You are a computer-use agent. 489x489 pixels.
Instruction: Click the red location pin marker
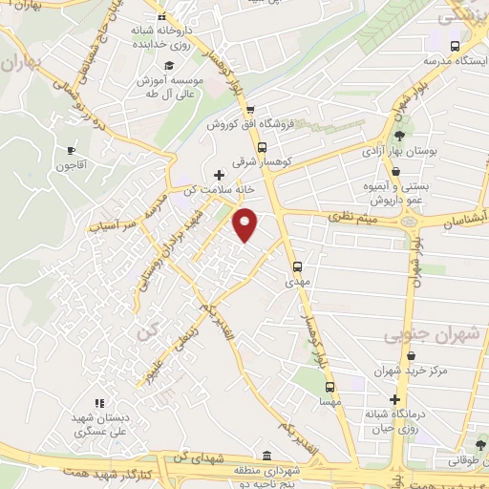click(x=245, y=224)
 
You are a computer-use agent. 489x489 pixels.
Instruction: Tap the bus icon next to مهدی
click(x=297, y=266)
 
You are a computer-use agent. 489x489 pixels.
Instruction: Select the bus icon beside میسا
click(x=330, y=387)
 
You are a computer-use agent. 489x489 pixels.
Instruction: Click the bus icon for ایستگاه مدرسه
click(x=455, y=46)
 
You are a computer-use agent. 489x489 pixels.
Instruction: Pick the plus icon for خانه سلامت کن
click(x=220, y=175)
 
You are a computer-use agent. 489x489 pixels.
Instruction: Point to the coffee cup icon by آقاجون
click(x=71, y=150)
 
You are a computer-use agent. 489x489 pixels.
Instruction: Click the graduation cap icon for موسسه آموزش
click(x=169, y=65)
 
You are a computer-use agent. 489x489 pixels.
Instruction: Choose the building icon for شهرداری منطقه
click(x=266, y=456)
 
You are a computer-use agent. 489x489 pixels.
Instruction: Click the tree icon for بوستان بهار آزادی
click(x=397, y=136)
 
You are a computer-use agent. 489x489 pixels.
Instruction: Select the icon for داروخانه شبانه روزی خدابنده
click(x=162, y=18)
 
